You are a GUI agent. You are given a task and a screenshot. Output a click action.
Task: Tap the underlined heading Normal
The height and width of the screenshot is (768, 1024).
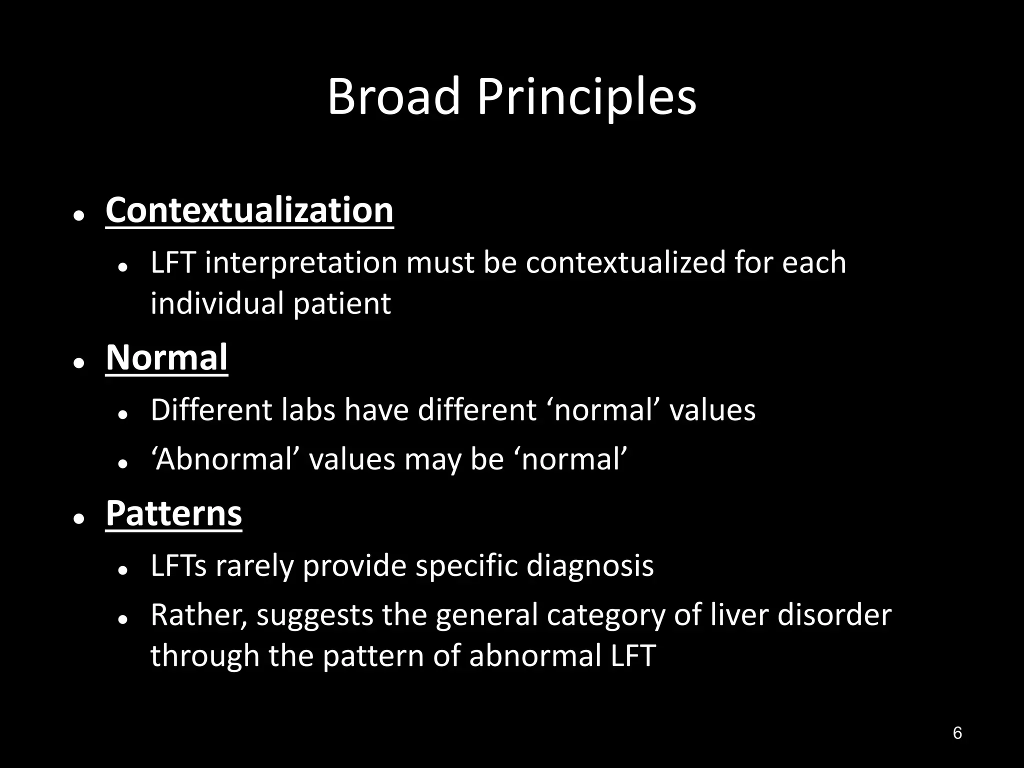click(166, 357)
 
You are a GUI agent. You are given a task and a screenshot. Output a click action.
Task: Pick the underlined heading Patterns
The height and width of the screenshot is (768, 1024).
click(173, 513)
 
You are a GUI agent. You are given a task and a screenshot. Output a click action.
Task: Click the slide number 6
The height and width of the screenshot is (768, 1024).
click(957, 733)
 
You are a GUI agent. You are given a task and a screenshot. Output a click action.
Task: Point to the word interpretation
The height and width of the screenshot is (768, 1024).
click(301, 262)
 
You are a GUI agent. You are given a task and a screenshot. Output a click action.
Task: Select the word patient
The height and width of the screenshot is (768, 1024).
click(341, 303)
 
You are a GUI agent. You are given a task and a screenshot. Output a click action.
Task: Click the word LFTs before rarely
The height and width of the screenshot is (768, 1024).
click(178, 566)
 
